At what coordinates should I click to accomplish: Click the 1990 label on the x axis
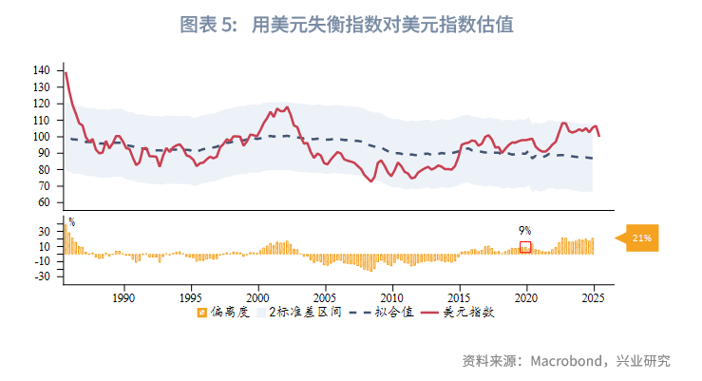tap(123, 296)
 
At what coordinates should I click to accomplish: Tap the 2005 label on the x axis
tap(326, 296)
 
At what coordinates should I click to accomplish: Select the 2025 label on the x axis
tap(594, 296)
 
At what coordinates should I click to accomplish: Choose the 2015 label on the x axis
tap(460, 296)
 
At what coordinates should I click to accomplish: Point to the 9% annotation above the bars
tap(524, 230)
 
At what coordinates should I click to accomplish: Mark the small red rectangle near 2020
tap(525, 247)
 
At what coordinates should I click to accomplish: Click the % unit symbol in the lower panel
tap(71, 222)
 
